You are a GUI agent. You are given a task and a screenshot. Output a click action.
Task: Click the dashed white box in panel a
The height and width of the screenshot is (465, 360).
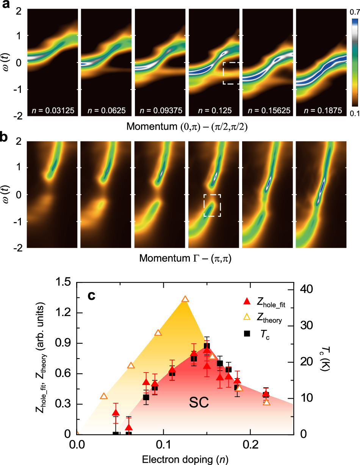[x=231, y=73]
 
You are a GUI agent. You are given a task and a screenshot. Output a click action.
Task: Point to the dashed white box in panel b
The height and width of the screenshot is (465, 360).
[x=212, y=205]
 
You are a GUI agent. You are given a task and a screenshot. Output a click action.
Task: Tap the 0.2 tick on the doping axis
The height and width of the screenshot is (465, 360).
[x=249, y=444]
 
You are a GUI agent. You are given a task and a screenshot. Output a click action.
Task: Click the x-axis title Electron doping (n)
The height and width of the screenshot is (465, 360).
[x=185, y=459]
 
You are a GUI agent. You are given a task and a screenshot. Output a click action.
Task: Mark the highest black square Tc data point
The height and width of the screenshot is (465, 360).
[x=207, y=346]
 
